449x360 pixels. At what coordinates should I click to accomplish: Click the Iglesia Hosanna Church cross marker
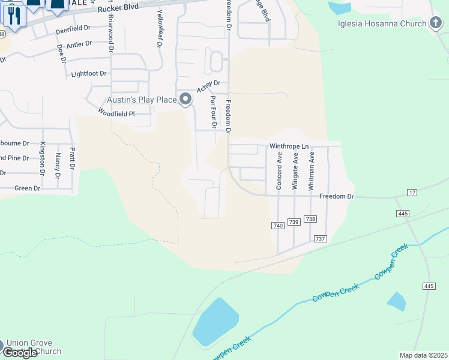pos(436,23)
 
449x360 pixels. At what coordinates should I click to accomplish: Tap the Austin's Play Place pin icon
pos(186,99)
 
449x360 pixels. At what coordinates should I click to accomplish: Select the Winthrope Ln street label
pos(289,146)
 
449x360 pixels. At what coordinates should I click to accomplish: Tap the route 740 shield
pos(277,225)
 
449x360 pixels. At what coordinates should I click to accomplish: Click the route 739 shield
pos(294,222)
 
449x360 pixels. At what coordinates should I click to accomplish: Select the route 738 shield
pos(310,219)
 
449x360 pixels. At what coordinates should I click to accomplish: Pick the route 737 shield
pos(320,239)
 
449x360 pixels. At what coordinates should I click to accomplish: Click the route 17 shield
pos(411,192)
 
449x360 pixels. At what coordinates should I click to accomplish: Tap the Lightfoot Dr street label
pos(88,74)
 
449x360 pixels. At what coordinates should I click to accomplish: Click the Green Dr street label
pos(27,188)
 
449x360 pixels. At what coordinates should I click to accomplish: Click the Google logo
pos(20,353)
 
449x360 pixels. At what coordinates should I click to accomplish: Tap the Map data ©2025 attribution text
pos(423,355)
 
